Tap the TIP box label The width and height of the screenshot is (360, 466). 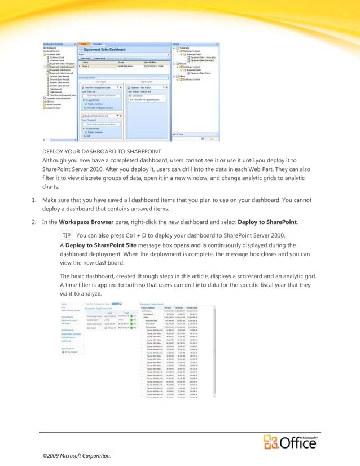tap(67, 235)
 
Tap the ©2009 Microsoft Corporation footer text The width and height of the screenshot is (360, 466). tap(73, 455)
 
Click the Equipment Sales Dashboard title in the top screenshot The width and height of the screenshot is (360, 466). tap(106, 49)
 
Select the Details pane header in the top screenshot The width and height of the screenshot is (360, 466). tap(175, 43)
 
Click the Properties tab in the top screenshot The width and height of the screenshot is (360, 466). tap(97, 43)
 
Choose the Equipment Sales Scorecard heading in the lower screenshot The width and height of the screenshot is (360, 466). tap(102, 308)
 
